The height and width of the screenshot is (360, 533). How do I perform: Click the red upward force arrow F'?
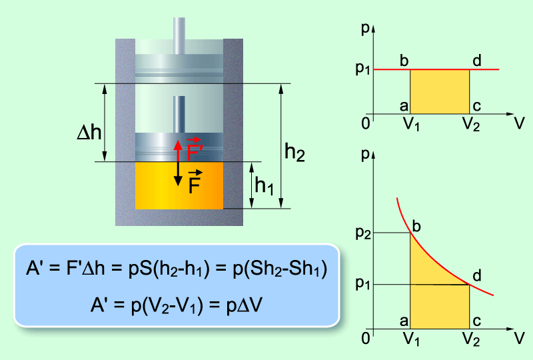coord(178,151)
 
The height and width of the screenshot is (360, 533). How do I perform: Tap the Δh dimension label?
coord(89,132)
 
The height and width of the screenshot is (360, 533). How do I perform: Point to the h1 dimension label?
coord(264,186)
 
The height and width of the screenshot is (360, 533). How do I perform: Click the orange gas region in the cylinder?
coord(179,185)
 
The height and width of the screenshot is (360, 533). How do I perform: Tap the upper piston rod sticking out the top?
coord(179,35)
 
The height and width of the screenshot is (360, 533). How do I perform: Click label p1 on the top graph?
coord(362,69)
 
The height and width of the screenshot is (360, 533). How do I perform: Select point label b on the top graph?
coord(404,61)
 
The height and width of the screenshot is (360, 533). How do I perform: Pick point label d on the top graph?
coord(477,61)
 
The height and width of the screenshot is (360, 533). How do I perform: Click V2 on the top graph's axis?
coord(471,123)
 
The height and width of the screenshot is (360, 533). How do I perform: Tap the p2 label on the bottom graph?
coord(363,233)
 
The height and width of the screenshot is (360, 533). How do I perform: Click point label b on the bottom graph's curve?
coord(416,226)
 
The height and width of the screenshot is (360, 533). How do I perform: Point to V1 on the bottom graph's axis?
coord(411,339)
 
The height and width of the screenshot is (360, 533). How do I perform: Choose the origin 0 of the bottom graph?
coord(366,338)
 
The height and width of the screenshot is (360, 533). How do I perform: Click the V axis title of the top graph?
coord(520,123)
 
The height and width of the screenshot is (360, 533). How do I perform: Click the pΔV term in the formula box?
coord(245,305)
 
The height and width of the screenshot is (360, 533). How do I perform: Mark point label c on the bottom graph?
coord(477,321)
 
